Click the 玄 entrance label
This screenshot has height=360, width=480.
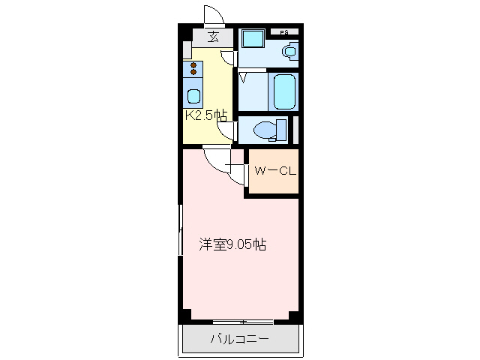pyautogui.click(x=213, y=37)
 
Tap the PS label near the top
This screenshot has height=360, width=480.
pyautogui.click(x=284, y=32)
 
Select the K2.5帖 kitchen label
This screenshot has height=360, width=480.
pyautogui.click(x=206, y=115)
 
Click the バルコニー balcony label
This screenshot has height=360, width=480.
pyautogui.click(x=239, y=340)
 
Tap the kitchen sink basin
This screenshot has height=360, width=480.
pyautogui.click(x=193, y=97)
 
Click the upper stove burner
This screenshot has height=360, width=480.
pyautogui.click(x=193, y=66)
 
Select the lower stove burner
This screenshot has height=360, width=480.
pyautogui.click(x=193, y=74)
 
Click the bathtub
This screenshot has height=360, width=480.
pyautogui.click(x=284, y=91)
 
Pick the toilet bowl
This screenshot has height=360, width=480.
pyautogui.click(x=265, y=130)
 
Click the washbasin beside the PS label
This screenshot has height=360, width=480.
pyautogui.click(x=289, y=50)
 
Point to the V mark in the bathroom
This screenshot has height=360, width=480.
pyautogui.click(x=244, y=76)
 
